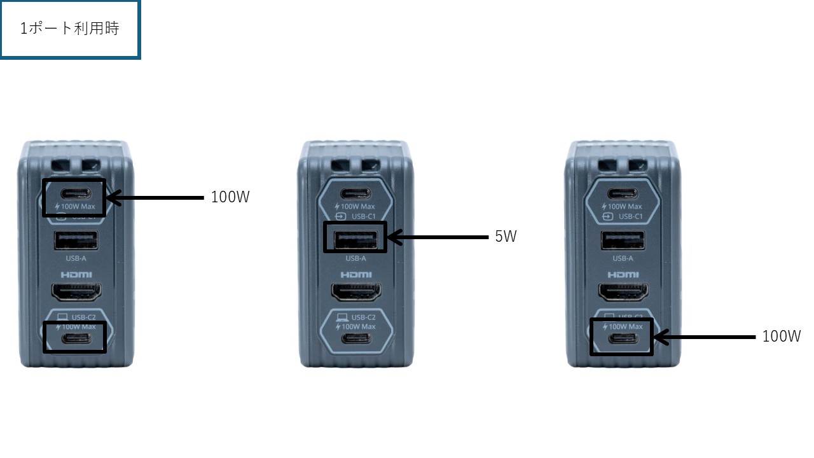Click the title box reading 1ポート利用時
point(70,29)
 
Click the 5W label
point(506,237)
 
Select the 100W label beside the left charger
point(230,197)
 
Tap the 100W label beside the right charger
point(782,337)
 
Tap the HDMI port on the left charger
point(76,292)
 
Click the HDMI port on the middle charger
point(355,292)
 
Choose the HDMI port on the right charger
point(623,292)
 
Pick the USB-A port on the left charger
point(76,241)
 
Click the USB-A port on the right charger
point(623,241)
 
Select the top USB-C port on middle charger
point(355,193)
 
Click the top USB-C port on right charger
point(623,193)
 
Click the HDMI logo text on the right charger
point(623,275)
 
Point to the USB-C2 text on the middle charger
point(363,317)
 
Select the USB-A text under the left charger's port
point(76,259)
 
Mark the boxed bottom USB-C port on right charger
point(622,338)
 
